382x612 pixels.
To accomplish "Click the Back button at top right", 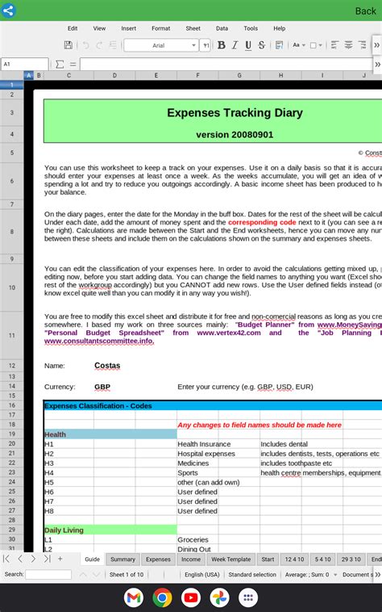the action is pyautogui.click(x=365, y=10).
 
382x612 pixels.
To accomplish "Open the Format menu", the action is pyautogui.click(x=160, y=28).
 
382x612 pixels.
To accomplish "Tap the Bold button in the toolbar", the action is pyautogui.click(x=222, y=45).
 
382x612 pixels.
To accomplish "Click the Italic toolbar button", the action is pyautogui.click(x=235, y=45).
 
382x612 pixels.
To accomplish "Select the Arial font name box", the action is pyautogui.click(x=160, y=46).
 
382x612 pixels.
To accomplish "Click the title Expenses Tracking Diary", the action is pyautogui.click(x=235, y=113).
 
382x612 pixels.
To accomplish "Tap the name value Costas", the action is pyautogui.click(x=107, y=366).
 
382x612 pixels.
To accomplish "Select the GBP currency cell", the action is pyautogui.click(x=102, y=387).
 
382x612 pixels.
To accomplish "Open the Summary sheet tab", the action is pyautogui.click(x=122, y=559).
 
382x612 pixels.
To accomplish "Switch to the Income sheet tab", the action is pyautogui.click(x=191, y=559).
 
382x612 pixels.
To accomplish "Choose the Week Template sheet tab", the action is pyautogui.click(x=230, y=559).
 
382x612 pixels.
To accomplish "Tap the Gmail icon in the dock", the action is pyautogui.click(x=134, y=597).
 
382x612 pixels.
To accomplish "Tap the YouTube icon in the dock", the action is pyautogui.click(x=191, y=597).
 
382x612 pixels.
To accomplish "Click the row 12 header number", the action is pyautogui.click(x=12, y=366).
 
